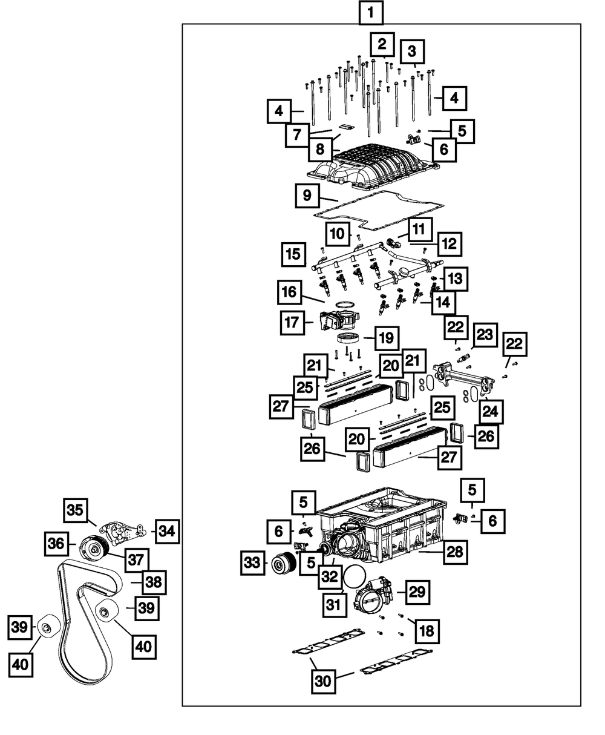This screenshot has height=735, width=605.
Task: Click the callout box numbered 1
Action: [x=371, y=13]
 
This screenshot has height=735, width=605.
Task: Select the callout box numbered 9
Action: [x=307, y=196]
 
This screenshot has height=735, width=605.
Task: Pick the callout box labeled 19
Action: [x=387, y=338]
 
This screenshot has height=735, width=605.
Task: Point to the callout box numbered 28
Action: [x=455, y=552]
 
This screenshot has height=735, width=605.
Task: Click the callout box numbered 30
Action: [x=323, y=681]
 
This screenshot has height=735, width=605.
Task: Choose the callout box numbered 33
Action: [x=252, y=563]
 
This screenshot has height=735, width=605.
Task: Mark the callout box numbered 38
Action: [x=154, y=582]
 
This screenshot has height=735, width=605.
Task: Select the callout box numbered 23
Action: [x=485, y=335]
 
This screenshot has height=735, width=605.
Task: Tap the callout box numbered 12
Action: [x=450, y=244]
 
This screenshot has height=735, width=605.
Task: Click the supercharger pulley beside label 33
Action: [x=284, y=564]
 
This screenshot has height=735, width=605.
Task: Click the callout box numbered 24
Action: [x=491, y=412]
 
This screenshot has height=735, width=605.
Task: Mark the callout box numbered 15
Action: [x=293, y=254]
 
